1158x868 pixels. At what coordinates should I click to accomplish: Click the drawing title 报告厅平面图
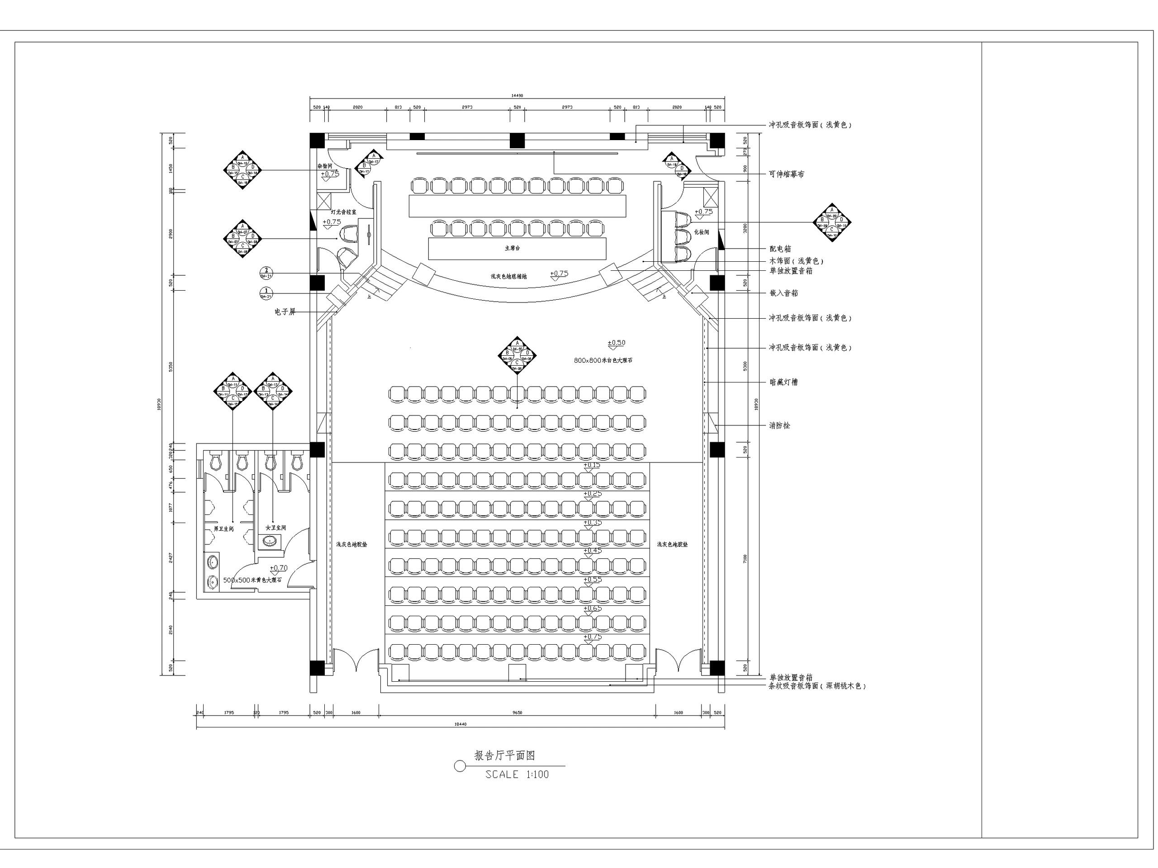pyautogui.click(x=504, y=755)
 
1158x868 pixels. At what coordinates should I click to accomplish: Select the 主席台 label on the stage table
pyautogui.click(x=512, y=249)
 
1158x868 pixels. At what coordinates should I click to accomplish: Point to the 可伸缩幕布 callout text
pyautogui.click(x=786, y=174)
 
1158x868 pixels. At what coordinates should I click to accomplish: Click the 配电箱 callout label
pyautogui.click(x=780, y=249)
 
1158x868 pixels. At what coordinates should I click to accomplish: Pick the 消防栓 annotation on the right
pyautogui.click(x=779, y=426)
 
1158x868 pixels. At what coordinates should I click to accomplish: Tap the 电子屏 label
pyautogui.click(x=285, y=312)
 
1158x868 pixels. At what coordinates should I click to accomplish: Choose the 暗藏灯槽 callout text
pyautogui.click(x=783, y=382)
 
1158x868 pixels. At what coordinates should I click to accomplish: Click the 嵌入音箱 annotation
pyautogui.click(x=784, y=293)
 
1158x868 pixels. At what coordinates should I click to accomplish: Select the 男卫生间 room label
pyautogui.click(x=223, y=529)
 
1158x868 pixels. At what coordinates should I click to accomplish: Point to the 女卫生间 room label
pyautogui.click(x=276, y=528)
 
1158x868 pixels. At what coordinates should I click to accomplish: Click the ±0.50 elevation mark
pyautogui.click(x=616, y=343)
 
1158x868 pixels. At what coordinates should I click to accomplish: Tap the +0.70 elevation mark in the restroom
pyautogui.click(x=279, y=568)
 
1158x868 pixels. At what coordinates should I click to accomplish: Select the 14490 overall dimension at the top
pyautogui.click(x=517, y=96)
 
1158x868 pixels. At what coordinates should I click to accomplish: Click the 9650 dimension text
pyautogui.click(x=517, y=712)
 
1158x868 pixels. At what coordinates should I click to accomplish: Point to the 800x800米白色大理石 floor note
pyautogui.click(x=603, y=360)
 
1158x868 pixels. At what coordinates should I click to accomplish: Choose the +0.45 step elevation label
pyautogui.click(x=593, y=551)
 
